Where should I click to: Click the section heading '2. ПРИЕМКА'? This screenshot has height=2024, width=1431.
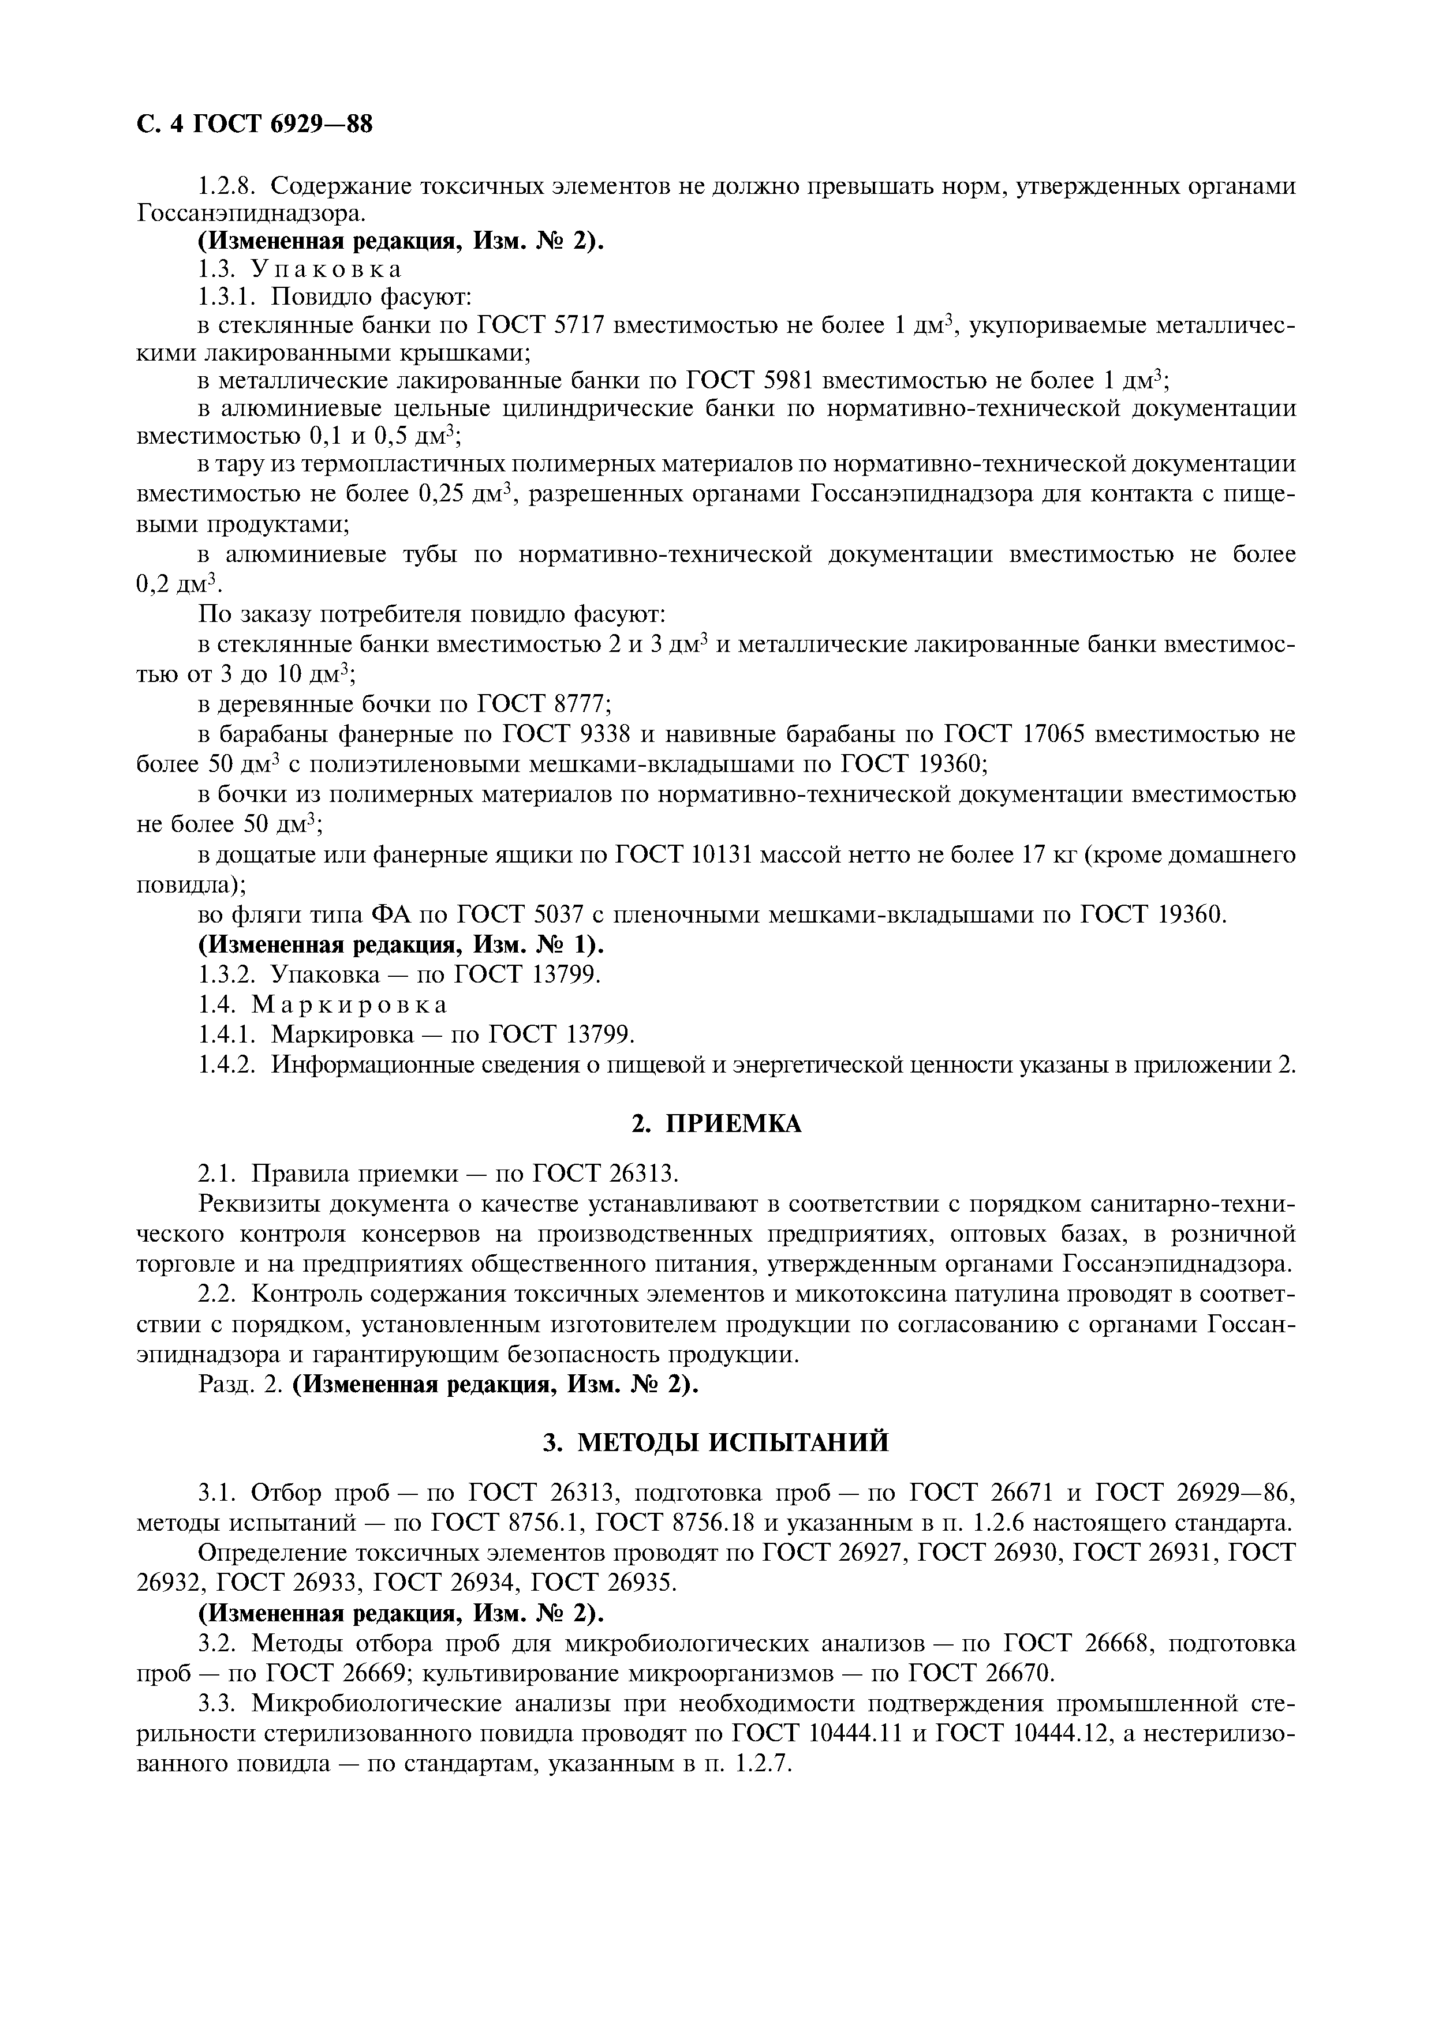pos(716,1124)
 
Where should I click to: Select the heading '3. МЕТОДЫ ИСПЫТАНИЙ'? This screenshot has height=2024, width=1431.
pos(716,1442)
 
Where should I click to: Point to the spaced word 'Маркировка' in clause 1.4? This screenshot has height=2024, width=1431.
pos(350,1004)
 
